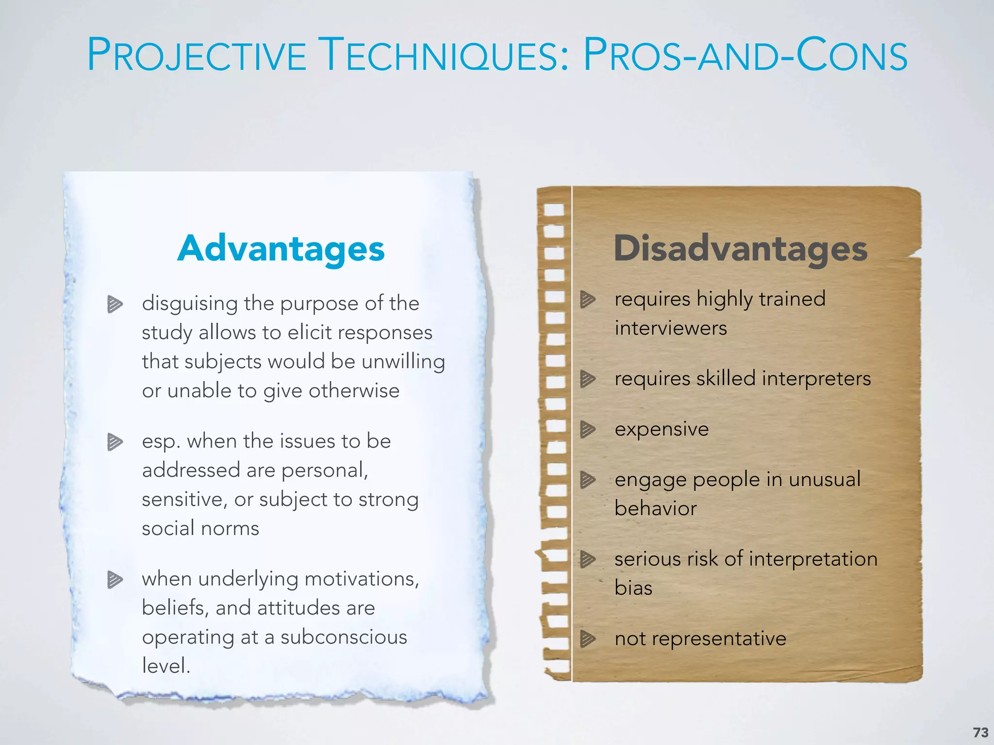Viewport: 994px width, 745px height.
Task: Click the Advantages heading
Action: [281, 249]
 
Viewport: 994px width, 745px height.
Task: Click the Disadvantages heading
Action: [741, 249]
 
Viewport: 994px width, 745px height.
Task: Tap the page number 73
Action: [980, 732]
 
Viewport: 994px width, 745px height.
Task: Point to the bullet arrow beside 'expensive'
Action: [588, 429]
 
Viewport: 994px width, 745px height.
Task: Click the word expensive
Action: [662, 429]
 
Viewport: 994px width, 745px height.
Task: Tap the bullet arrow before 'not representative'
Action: [588, 638]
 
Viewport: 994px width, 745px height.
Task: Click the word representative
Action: [719, 639]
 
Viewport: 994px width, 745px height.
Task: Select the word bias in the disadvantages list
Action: [633, 588]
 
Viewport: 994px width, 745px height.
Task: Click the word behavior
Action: [655, 508]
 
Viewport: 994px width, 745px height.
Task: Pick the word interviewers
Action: [671, 328]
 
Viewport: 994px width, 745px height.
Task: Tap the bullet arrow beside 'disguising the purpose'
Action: [115, 304]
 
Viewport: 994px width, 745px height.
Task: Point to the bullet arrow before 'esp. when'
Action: [115, 442]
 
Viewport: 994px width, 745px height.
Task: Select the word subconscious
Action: [344, 637]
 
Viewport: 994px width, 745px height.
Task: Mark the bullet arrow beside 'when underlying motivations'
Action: [115, 580]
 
